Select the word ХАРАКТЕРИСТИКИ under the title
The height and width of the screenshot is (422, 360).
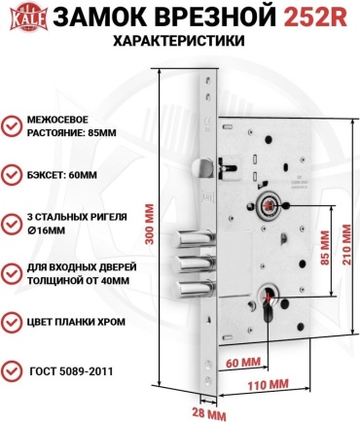click(179, 41)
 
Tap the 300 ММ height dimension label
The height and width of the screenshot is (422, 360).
click(149, 225)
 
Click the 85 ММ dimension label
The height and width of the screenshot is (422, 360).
click(325, 247)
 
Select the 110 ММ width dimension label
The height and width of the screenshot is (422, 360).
click(268, 385)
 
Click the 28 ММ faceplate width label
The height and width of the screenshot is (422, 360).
click(208, 414)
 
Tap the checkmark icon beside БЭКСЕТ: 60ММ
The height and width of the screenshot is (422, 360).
click(12, 175)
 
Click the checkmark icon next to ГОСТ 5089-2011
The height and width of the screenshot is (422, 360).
click(12, 370)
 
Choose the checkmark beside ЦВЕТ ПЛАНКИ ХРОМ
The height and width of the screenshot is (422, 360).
click(12, 322)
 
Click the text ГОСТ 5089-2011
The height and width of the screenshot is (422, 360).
click(71, 371)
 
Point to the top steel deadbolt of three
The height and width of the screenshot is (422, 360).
click(194, 238)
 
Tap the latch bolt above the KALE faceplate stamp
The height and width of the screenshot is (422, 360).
click(201, 167)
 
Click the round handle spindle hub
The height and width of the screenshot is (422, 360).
click(269, 205)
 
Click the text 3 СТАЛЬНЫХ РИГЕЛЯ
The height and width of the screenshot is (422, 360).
click(77, 217)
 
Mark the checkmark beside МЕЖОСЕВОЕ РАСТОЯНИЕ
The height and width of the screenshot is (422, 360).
click(12, 126)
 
